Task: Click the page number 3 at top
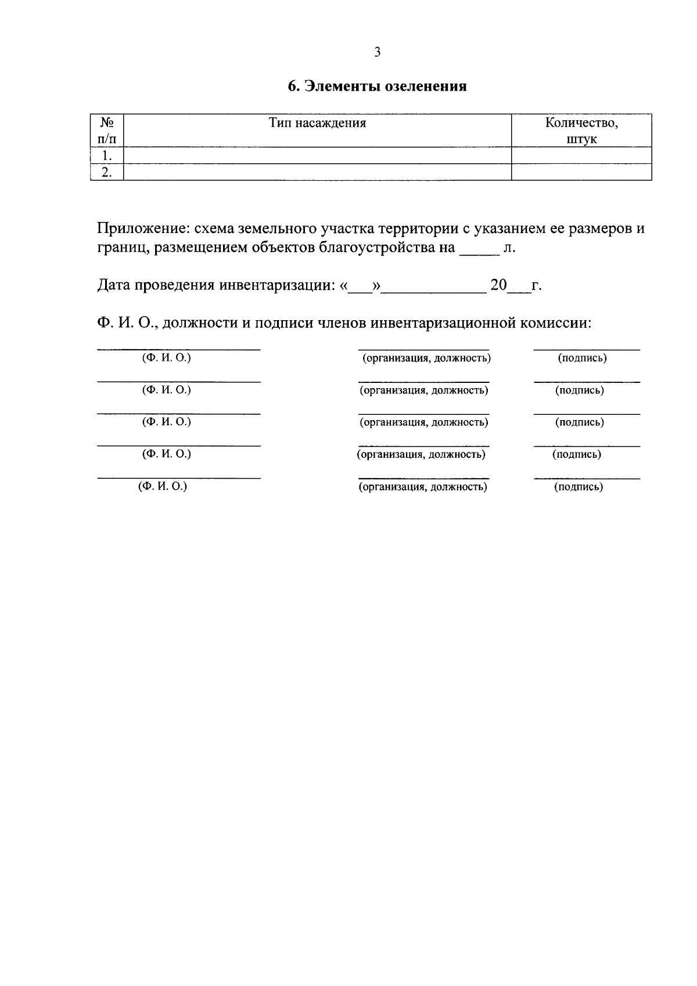pos(377,52)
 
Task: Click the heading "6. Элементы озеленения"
pos(378,87)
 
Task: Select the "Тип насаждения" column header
pos(317,123)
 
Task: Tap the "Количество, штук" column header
pos(581,131)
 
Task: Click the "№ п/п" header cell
pos(107,131)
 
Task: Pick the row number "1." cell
pos(106,156)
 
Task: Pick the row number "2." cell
pos(106,172)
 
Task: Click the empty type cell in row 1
pos(317,156)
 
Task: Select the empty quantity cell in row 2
pos(581,172)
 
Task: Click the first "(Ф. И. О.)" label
pos(167,358)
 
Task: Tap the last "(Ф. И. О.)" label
pos(163,487)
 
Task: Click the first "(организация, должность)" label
pos(426,358)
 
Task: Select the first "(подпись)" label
pos(582,358)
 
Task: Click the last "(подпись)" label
pos(579,487)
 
